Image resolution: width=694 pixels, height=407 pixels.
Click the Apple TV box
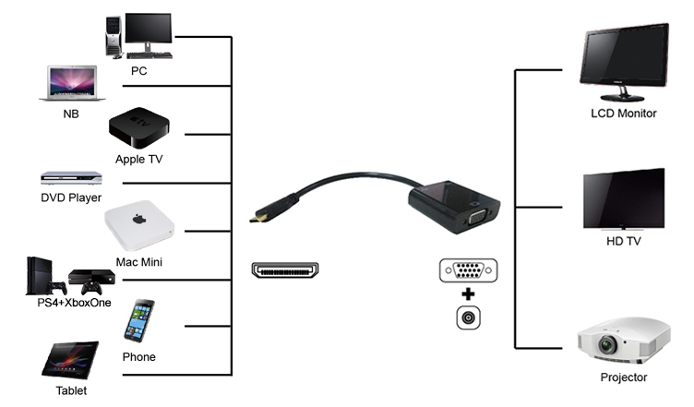click(x=139, y=128)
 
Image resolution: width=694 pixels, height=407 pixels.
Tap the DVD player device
click(x=71, y=178)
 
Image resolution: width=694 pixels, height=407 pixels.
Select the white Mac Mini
click(x=139, y=225)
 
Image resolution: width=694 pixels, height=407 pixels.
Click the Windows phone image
click(x=139, y=321)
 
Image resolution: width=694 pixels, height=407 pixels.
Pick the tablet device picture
click(x=70, y=360)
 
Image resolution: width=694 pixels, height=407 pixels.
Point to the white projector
click(x=624, y=341)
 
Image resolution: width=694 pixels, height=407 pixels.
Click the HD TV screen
click(x=624, y=199)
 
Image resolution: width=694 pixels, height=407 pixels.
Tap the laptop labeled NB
click(x=72, y=83)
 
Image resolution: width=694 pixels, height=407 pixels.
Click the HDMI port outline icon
click(x=285, y=269)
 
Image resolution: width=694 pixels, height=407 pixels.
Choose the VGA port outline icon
click(x=468, y=270)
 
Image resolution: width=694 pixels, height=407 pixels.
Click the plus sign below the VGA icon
click(x=468, y=294)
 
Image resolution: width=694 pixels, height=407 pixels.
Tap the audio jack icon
click(x=468, y=317)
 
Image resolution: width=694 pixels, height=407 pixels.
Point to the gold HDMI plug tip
click(x=254, y=218)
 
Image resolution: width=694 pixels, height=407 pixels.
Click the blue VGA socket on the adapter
click(x=477, y=218)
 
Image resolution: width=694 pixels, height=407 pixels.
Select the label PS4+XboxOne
click(x=74, y=303)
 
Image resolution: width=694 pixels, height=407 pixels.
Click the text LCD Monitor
click(x=624, y=114)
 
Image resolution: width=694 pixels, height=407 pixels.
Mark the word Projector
click(x=624, y=377)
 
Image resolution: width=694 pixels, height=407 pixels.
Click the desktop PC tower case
click(x=114, y=35)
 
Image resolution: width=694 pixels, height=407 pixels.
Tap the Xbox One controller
click(x=91, y=288)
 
